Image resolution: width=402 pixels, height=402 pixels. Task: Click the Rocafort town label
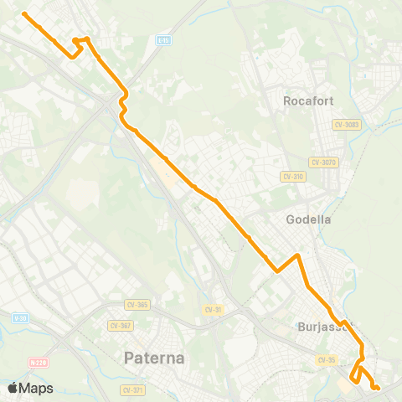[308, 100]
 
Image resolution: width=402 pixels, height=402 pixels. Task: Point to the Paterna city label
[154, 358]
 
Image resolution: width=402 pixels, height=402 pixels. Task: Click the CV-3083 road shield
[346, 125]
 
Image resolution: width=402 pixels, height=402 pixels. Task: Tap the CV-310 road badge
[292, 177]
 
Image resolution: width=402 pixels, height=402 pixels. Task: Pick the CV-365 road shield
[137, 305]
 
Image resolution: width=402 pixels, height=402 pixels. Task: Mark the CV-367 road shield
[120, 325]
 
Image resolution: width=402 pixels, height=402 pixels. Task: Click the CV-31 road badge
[213, 310]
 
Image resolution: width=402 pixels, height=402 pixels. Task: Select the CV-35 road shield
[326, 359]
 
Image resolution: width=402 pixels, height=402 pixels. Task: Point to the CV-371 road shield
[132, 390]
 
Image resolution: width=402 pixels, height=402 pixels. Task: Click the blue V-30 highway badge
[20, 317]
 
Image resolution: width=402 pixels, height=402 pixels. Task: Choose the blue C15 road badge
[164, 39]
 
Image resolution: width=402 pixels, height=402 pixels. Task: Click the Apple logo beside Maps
[13, 388]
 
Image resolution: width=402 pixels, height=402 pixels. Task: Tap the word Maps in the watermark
[37, 388]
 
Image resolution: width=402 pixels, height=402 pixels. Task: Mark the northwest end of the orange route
[24, 14]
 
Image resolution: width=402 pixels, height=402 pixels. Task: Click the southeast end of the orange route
[378, 387]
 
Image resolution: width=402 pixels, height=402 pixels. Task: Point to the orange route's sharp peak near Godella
[297, 255]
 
